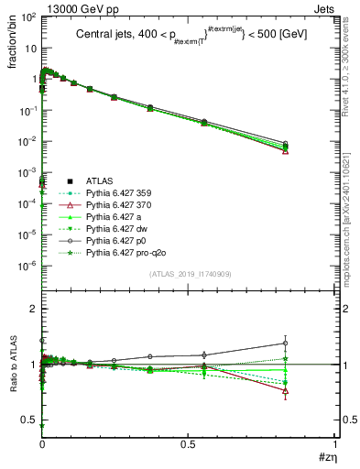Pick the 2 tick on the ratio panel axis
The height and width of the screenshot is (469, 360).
[x=32, y=310]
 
